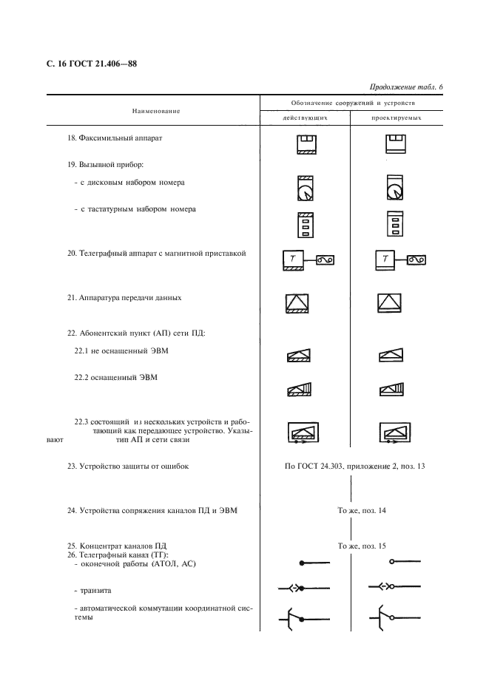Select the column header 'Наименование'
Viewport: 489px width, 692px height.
point(156,111)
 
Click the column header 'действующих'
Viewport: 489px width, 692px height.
point(306,118)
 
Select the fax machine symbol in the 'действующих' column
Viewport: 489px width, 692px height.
point(306,143)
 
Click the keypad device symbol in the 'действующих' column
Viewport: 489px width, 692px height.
point(306,223)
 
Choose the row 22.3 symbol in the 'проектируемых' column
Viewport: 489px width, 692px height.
point(394,434)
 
